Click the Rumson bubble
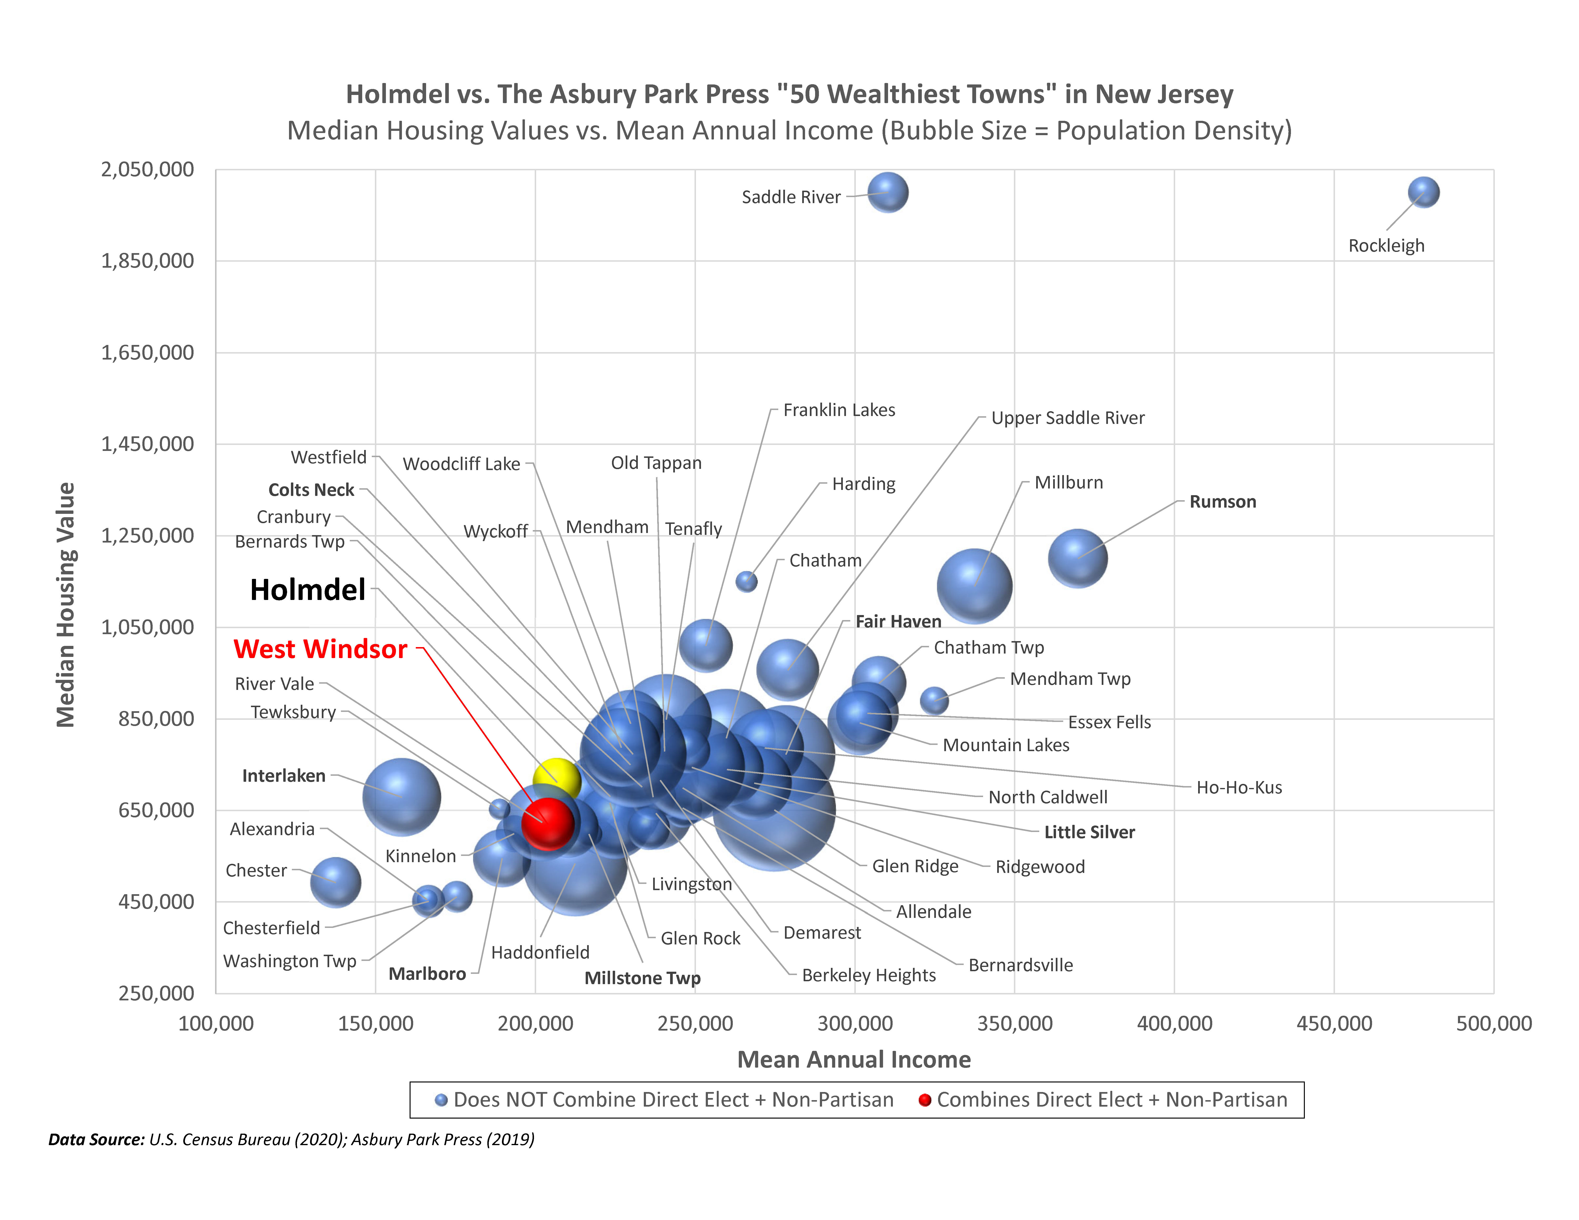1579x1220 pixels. [x=1077, y=558]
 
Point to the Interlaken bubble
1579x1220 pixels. [x=401, y=797]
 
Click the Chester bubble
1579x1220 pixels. [x=335, y=882]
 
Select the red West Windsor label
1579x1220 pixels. [x=320, y=649]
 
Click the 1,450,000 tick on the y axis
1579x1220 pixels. [x=147, y=444]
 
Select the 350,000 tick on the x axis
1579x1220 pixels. [x=1014, y=1023]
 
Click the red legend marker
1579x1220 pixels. [x=924, y=1100]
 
